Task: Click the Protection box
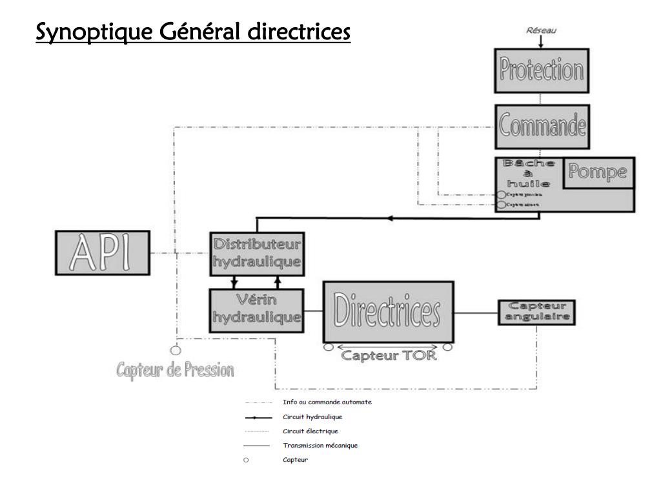pyautogui.click(x=542, y=72)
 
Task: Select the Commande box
pyautogui.click(x=542, y=127)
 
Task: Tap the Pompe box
pyautogui.click(x=597, y=172)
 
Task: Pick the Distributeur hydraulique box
pyautogui.click(x=258, y=253)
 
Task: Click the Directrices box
pyautogui.click(x=387, y=311)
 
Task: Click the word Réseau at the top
pyautogui.click(x=541, y=30)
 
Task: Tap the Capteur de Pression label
pyautogui.click(x=175, y=371)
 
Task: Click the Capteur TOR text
pyautogui.click(x=389, y=355)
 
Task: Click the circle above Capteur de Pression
pyautogui.click(x=174, y=351)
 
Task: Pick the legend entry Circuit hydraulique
pyautogui.click(x=308, y=417)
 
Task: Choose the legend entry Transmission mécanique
pyautogui.click(x=320, y=445)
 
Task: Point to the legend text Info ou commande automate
pyautogui.click(x=327, y=402)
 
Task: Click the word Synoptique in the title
pyautogui.click(x=88, y=32)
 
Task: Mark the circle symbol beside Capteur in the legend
pyautogui.click(x=246, y=460)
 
